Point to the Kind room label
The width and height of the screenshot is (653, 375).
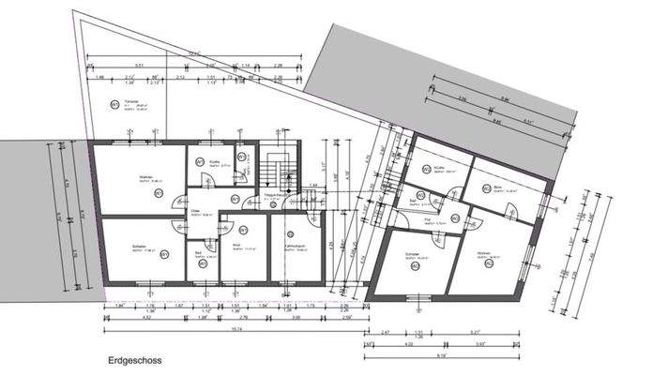click(237, 246)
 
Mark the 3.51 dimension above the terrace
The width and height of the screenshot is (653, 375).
click(140, 66)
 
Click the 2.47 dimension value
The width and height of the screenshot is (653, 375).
click(385, 332)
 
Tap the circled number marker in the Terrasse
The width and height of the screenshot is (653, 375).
click(115, 103)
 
